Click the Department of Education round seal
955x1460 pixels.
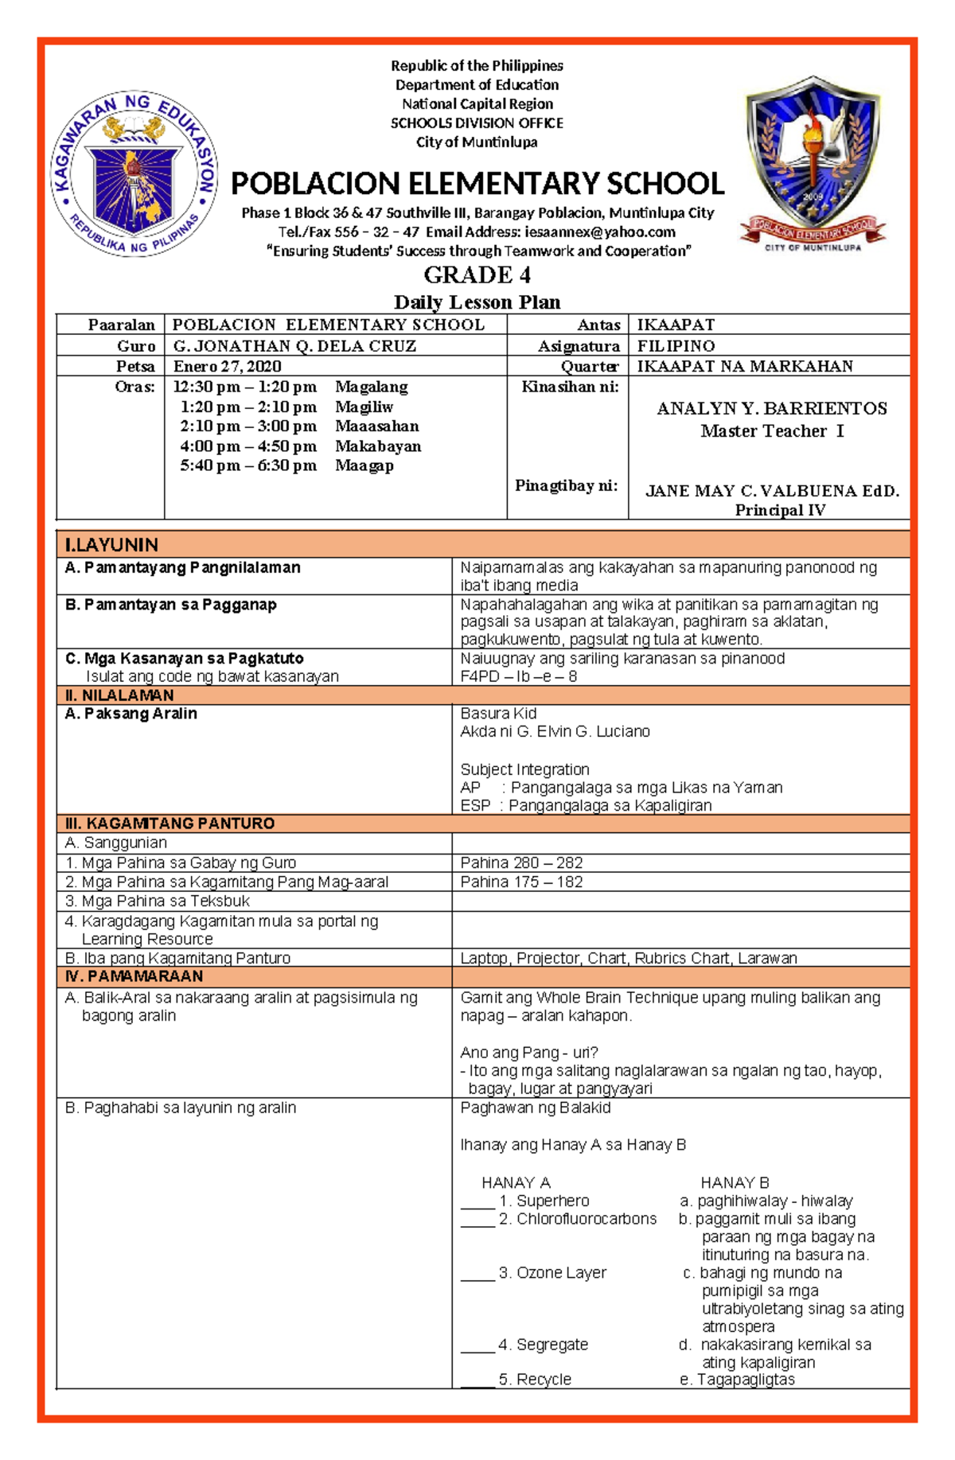point(134,173)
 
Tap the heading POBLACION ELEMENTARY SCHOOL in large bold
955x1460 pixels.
point(477,184)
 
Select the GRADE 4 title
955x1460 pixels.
point(477,275)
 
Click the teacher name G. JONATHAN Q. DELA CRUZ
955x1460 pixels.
point(294,346)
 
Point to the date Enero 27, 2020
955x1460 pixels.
point(227,366)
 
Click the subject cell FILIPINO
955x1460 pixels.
point(676,346)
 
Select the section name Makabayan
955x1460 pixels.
point(378,446)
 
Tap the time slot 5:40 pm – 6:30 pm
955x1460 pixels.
point(248,465)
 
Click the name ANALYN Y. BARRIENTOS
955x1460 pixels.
point(771,409)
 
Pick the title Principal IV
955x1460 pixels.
point(779,510)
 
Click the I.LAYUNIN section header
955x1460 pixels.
point(111,545)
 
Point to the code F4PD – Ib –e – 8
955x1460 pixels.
point(518,676)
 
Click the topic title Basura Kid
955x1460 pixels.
point(498,714)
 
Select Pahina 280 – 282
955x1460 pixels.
point(521,862)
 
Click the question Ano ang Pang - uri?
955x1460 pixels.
point(528,1053)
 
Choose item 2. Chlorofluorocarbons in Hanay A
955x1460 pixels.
point(577,1219)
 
